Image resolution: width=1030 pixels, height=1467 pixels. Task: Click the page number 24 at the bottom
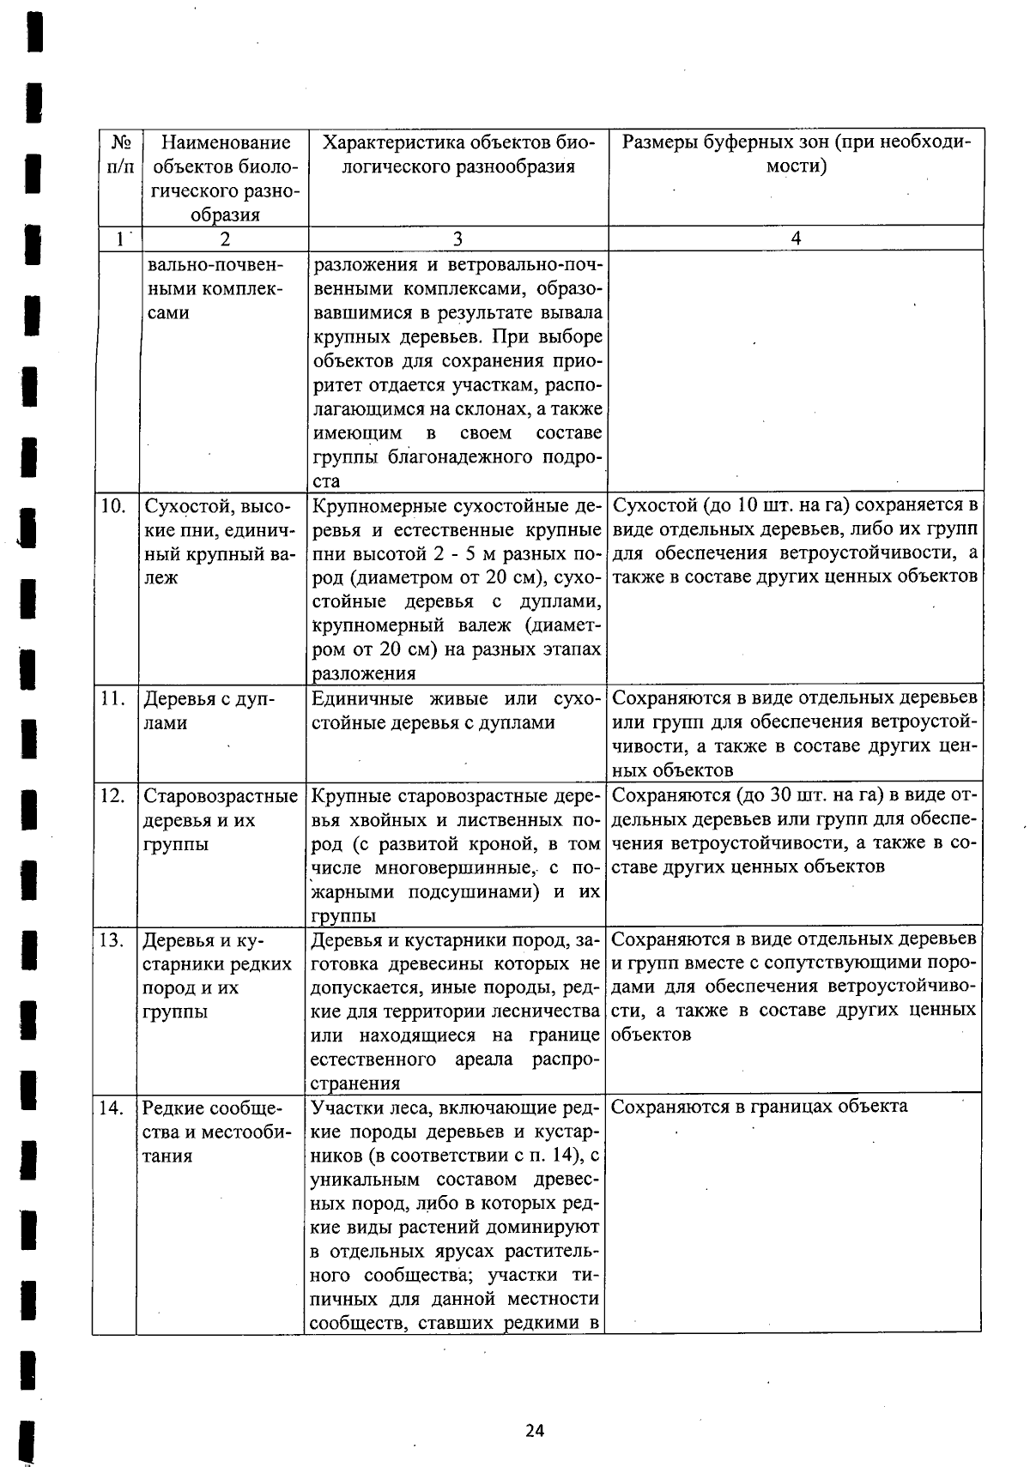pyautogui.click(x=535, y=1430)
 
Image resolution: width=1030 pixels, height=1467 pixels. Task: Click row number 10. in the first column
pyautogui.click(x=113, y=505)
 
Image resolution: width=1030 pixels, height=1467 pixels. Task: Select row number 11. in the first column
pyautogui.click(x=112, y=698)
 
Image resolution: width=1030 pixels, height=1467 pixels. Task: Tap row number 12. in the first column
pyautogui.click(x=112, y=795)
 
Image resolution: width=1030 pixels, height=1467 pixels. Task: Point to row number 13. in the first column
pyautogui.click(x=112, y=940)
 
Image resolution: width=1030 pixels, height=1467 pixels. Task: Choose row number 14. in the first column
pyautogui.click(x=112, y=1107)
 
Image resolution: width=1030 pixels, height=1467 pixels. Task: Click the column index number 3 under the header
pyautogui.click(x=457, y=238)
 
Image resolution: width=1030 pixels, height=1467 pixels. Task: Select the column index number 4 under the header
pyautogui.click(x=796, y=238)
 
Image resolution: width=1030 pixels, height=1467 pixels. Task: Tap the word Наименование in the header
pyautogui.click(x=227, y=142)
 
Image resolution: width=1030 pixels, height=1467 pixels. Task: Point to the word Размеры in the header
pyautogui.click(x=657, y=142)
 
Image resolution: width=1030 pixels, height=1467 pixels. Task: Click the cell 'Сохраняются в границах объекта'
pyautogui.click(x=759, y=1106)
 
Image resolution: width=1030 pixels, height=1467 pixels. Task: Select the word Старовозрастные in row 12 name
pyautogui.click(x=221, y=795)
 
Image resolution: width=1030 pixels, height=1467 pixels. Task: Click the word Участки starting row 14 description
pyautogui.click(x=345, y=1107)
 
